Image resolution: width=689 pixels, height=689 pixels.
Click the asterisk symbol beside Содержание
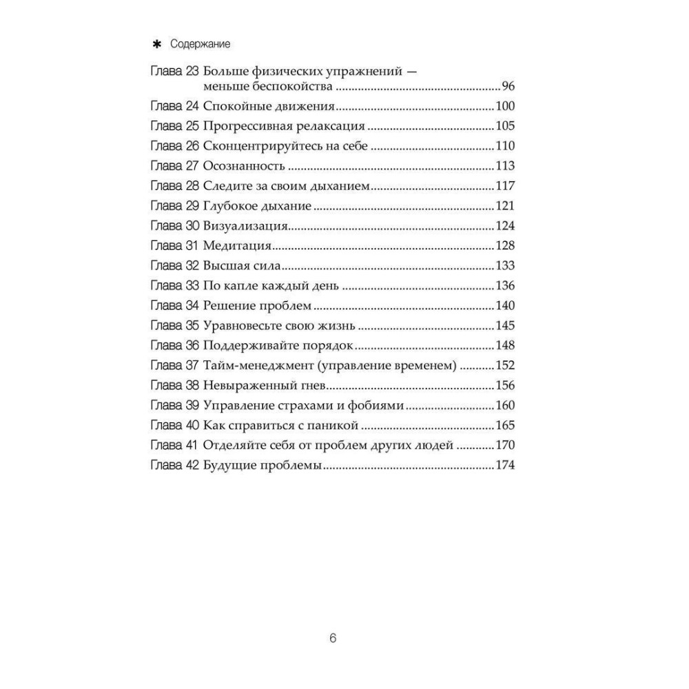(x=156, y=44)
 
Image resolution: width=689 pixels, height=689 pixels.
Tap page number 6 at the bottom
(x=333, y=638)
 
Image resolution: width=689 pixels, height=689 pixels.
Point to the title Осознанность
(x=245, y=166)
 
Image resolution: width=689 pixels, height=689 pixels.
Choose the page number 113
(x=506, y=166)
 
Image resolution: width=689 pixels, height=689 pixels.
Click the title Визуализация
(x=245, y=226)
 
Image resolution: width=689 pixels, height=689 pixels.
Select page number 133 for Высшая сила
(x=506, y=266)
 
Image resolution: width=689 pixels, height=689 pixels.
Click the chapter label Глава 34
(x=174, y=305)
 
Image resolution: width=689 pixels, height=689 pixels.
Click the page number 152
(x=506, y=365)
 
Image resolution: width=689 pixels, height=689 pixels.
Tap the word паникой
(x=335, y=425)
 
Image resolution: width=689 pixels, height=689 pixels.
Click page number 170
(x=506, y=445)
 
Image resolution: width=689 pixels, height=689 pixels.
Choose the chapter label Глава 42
(x=174, y=465)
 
